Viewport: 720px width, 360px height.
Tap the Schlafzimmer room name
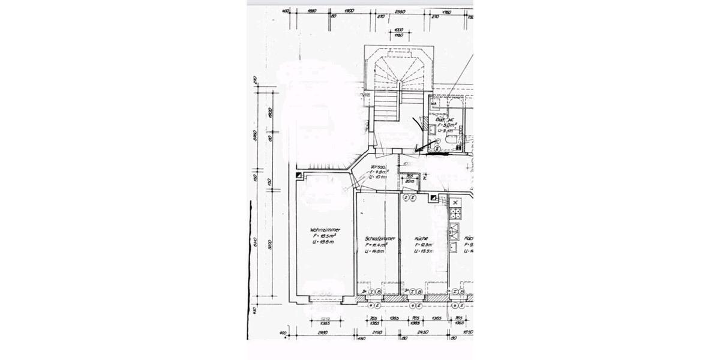coord(376,238)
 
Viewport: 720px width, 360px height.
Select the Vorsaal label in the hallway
coord(378,167)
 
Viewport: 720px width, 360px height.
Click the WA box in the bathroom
coord(433,103)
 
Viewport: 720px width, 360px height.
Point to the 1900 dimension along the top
coord(350,11)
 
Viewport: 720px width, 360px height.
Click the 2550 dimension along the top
coord(400,11)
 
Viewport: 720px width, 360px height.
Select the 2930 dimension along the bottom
coord(322,332)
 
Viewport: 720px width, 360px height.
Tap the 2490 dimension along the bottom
coord(377,332)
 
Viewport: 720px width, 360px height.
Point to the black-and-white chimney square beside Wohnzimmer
coord(298,175)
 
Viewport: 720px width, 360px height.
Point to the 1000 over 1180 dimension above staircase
coord(397,33)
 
